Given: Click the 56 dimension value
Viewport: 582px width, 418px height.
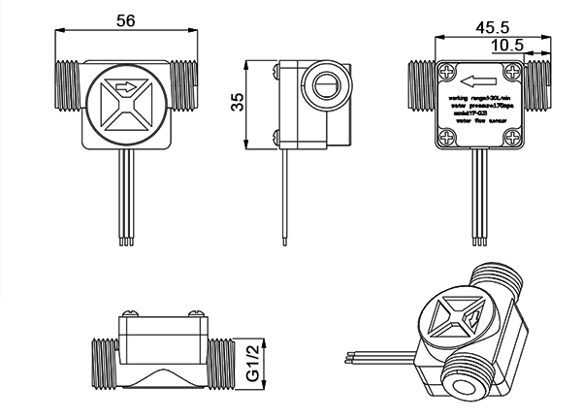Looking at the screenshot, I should [x=125, y=19].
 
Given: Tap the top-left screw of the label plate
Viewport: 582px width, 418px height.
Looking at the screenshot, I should [x=446, y=70].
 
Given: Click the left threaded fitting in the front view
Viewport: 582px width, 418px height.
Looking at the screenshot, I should [x=65, y=84].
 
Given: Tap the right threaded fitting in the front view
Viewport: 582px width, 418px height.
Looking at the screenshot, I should [x=185, y=84].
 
